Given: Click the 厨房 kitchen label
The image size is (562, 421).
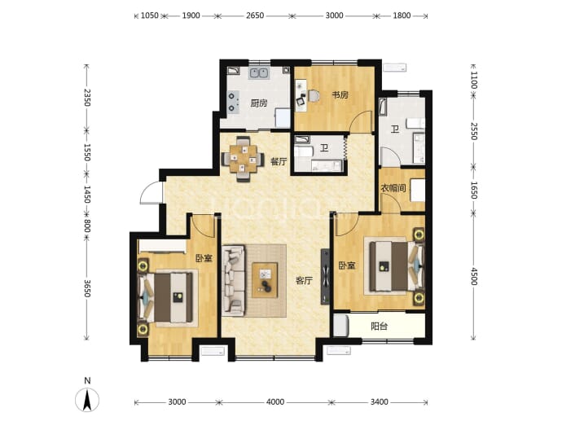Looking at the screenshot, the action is pyautogui.click(x=259, y=103).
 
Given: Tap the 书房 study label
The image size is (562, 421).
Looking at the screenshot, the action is pyautogui.click(x=340, y=95).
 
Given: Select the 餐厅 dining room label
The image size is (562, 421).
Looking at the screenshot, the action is pyautogui.click(x=279, y=161).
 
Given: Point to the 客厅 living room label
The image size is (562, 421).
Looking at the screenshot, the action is pyautogui.click(x=304, y=281).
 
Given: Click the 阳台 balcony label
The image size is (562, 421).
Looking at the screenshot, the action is pyautogui.click(x=379, y=327).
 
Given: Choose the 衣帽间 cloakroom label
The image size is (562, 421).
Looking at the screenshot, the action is pyautogui.click(x=393, y=188).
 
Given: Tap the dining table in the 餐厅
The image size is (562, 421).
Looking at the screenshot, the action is pyautogui.click(x=243, y=159).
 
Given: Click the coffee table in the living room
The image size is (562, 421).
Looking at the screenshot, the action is pyautogui.click(x=265, y=280).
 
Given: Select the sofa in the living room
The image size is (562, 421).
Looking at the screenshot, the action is pyautogui.click(x=233, y=281).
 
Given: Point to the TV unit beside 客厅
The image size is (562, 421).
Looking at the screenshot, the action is pyautogui.click(x=325, y=277).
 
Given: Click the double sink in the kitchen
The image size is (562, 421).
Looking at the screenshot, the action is pyautogui.click(x=259, y=73).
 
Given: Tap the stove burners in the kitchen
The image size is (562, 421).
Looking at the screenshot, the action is pyautogui.click(x=233, y=102).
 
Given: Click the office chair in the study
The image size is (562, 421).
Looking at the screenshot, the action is pyautogui.click(x=314, y=96).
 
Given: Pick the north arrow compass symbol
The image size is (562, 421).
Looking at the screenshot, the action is pyautogui.click(x=87, y=398).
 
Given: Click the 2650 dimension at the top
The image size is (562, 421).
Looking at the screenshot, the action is pyautogui.click(x=255, y=15).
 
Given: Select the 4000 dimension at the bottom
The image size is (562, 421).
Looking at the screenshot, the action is pyautogui.click(x=275, y=402).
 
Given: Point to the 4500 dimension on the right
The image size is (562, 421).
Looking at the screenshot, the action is pyautogui.click(x=474, y=276).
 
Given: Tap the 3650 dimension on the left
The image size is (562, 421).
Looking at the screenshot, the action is pyautogui.click(x=86, y=288).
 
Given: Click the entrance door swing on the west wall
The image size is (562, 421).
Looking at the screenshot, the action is pyautogui.click(x=151, y=192).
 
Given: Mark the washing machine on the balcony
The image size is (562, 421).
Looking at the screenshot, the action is pyautogui.click(x=340, y=326).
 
